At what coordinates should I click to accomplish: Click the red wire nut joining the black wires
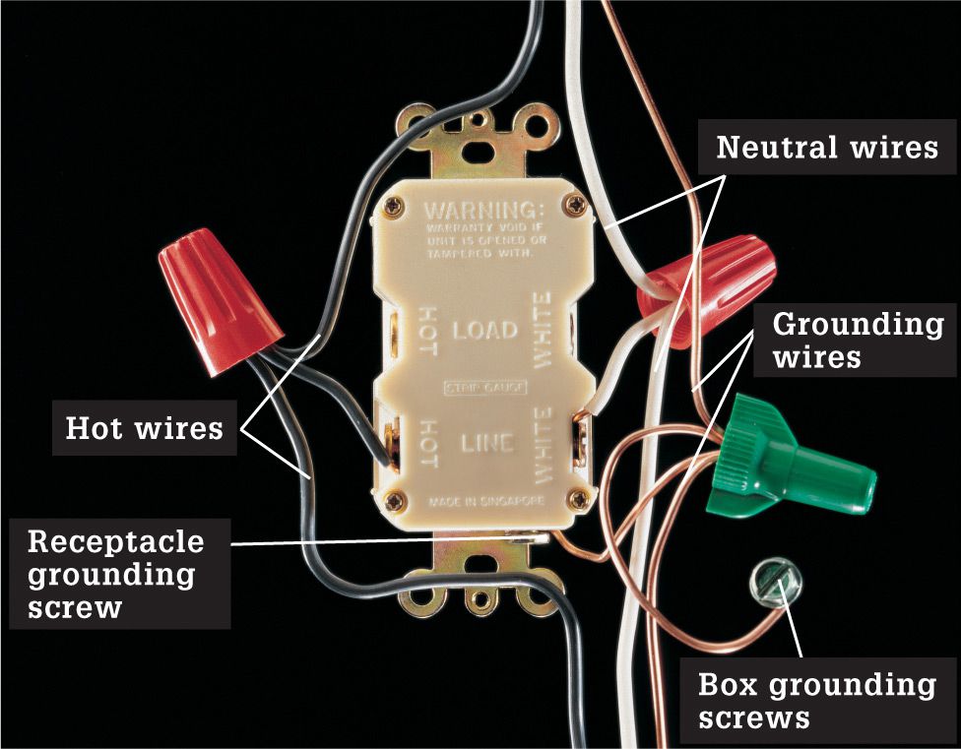point(219,300)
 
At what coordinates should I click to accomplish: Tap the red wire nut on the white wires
point(705,292)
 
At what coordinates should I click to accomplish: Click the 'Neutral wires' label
point(827,147)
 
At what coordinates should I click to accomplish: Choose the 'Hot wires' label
point(144,427)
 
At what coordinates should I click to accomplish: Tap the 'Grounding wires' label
point(857,340)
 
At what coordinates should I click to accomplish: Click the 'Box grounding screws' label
point(817,701)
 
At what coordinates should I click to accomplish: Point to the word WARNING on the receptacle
point(483,211)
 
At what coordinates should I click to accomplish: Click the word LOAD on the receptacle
point(484,331)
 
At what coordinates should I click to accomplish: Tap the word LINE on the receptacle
point(487,443)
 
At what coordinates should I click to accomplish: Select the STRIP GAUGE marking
point(484,388)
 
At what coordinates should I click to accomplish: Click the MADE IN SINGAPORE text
point(486,502)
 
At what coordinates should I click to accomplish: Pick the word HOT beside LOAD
point(427,331)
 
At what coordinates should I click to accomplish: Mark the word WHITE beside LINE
point(543,445)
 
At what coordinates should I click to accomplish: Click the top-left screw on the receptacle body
point(393,209)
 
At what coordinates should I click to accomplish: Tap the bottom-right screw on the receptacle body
point(579,499)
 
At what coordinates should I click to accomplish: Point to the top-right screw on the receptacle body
point(576,204)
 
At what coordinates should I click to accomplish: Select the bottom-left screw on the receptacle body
point(395,502)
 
